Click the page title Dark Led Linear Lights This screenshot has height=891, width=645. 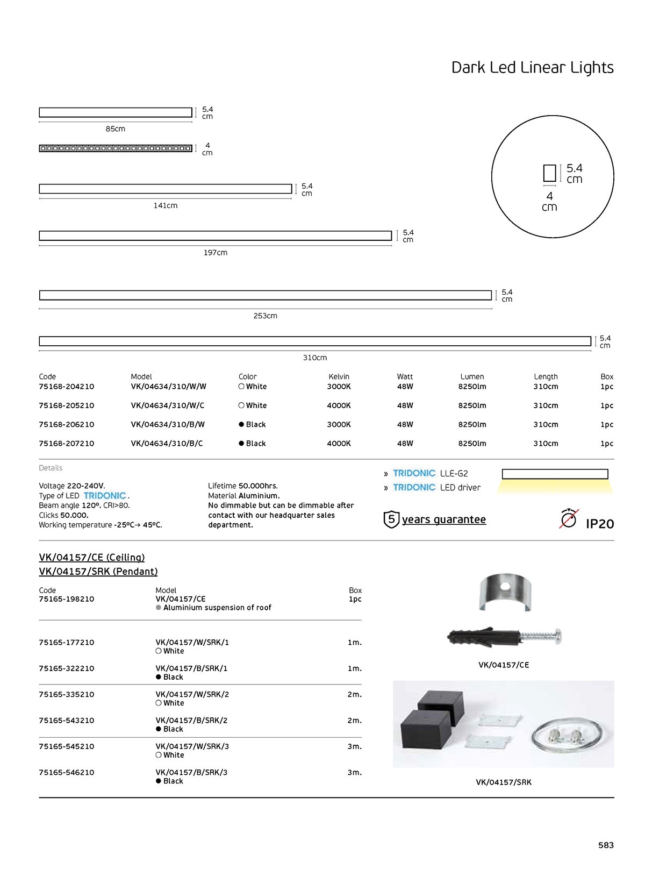click(x=532, y=68)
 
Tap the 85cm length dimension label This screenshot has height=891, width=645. click(x=115, y=129)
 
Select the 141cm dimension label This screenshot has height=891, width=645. click(x=165, y=205)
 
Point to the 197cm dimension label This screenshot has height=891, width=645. click(x=215, y=253)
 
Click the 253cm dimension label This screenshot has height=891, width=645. click(x=265, y=316)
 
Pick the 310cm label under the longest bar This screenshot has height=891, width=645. click(x=314, y=358)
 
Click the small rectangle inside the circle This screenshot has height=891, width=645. click(x=549, y=173)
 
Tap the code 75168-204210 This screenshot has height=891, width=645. click(x=66, y=387)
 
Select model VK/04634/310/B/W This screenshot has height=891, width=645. click(x=168, y=424)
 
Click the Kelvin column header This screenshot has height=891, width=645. click(x=339, y=376)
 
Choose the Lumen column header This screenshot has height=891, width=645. click(x=472, y=376)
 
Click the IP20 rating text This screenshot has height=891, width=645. click(x=599, y=524)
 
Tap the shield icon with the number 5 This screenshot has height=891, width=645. click(x=391, y=519)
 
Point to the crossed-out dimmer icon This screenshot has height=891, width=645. click(x=568, y=519)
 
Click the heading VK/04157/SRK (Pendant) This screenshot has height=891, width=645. click(x=98, y=572)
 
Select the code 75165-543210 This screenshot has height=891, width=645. click(x=66, y=721)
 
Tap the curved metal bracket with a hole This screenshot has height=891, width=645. click(x=504, y=591)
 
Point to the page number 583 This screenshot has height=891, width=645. click(x=606, y=845)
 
